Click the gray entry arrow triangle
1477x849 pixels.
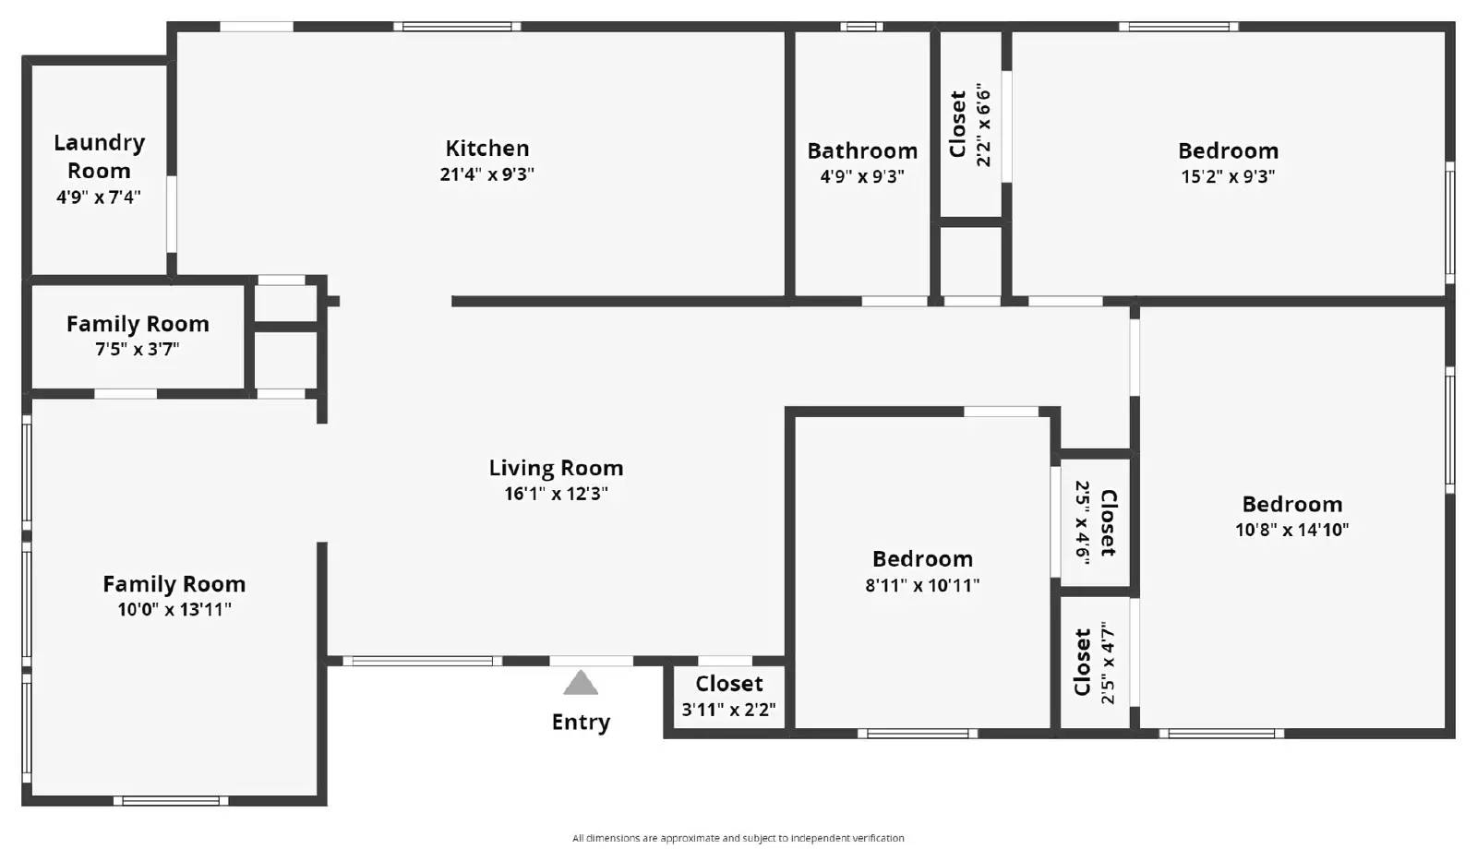coord(581,684)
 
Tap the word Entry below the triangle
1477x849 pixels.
coord(581,723)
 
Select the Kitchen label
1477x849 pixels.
coord(487,149)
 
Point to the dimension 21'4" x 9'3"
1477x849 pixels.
coord(487,174)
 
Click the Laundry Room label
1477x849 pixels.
coord(99,157)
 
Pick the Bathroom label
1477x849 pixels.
coord(862,151)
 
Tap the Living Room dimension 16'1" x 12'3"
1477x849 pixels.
coord(556,494)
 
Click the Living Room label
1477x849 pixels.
coord(556,468)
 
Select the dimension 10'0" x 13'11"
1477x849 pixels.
coord(174,609)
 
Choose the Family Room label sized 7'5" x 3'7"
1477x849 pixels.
coord(138,324)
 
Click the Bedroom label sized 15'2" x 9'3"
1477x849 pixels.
coord(1229,151)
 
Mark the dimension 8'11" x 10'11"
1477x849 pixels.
coord(922,585)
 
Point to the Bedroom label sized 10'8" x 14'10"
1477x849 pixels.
coord(1292,504)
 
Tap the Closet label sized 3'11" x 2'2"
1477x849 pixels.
coord(728,684)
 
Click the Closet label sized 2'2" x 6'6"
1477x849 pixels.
coord(957,124)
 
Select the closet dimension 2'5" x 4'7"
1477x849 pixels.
coord(1108,663)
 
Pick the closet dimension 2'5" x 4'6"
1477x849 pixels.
coord(1083,522)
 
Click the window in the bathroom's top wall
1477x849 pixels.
coord(861,27)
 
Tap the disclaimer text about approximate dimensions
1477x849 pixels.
coord(738,838)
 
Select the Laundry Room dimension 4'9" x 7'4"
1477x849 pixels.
coord(99,197)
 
